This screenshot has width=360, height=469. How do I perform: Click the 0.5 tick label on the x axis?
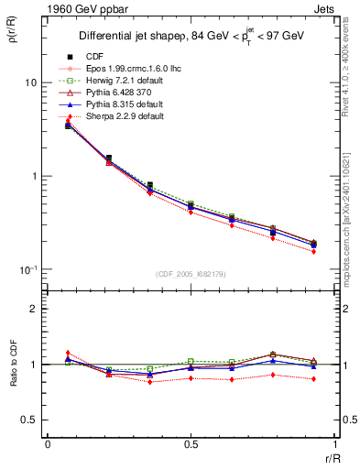pos(190,445)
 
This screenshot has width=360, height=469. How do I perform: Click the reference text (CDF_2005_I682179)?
pos(191,275)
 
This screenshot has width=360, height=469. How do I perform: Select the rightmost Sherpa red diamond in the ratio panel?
pos(313,378)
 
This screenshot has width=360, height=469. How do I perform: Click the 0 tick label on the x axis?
pos(47,445)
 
